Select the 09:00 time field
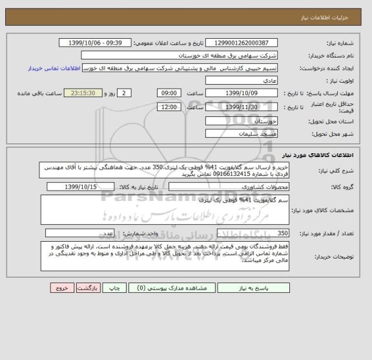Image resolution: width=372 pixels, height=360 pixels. [169, 93]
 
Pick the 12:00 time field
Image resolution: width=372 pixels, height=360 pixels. [169, 107]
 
